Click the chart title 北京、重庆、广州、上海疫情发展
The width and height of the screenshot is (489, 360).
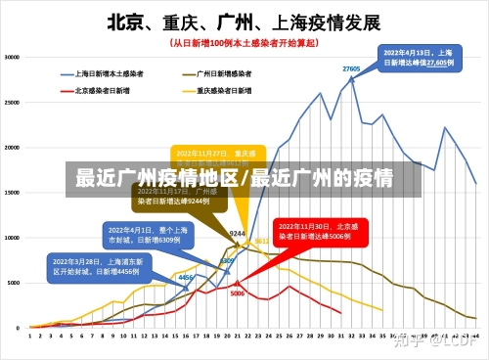tap(244, 21)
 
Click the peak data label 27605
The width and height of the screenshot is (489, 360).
tap(352, 68)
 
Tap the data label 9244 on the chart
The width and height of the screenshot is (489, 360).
tap(237, 234)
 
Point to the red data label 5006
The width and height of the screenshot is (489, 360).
tap(237, 292)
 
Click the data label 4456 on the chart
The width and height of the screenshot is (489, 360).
tap(185, 278)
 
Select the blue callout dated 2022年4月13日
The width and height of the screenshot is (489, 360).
tap(421, 56)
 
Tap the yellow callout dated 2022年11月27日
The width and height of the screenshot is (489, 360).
tap(210, 159)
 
